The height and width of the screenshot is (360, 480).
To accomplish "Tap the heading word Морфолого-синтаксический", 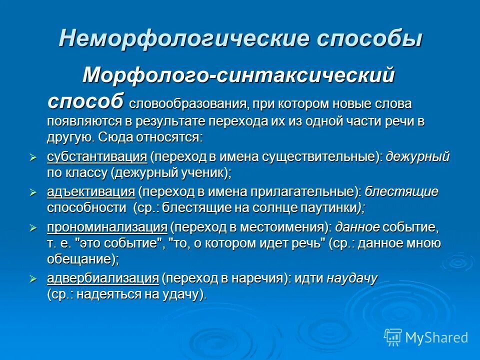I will tap(239, 75).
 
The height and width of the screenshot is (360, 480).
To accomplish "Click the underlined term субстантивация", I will tap(97, 156).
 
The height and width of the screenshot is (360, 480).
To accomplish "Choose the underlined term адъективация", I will tap(91, 192).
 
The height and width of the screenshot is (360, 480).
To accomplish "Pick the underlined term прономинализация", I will tap(107, 227).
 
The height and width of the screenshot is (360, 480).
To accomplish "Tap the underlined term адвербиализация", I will tap(103, 278).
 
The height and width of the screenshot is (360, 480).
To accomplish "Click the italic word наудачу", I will tap(352, 278).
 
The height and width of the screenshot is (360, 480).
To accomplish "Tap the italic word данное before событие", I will tap(357, 227).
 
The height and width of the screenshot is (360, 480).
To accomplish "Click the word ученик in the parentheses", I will tap(202, 172).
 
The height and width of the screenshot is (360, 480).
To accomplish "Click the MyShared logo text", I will tap(436, 337).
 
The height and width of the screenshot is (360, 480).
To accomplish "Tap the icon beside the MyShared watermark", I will tap(393, 337).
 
